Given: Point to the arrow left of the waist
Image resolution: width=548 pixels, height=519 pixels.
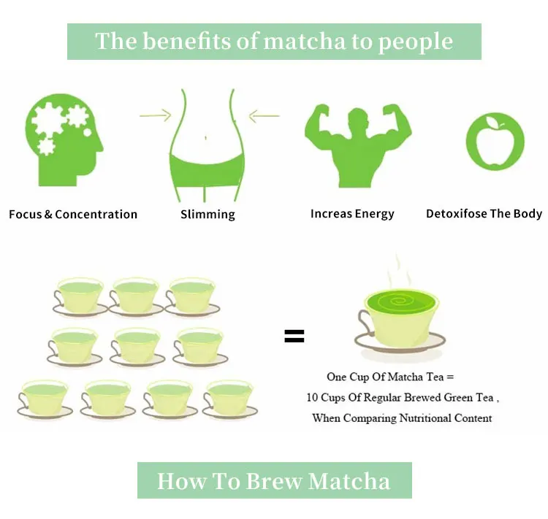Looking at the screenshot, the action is pyautogui.click(x=154, y=115).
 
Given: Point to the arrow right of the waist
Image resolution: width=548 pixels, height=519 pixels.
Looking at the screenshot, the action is pyautogui.click(x=264, y=115).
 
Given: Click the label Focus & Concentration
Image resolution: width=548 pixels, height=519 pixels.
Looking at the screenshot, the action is pyautogui.click(x=73, y=215).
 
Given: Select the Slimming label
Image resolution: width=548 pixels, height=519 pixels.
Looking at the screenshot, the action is pyautogui.click(x=208, y=215).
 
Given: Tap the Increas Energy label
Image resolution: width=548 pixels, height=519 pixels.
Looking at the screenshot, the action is pyautogui.click(x=352, y=214).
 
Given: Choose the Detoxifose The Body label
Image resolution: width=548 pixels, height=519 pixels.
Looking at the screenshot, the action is pyautogui.click(x=484, y=214).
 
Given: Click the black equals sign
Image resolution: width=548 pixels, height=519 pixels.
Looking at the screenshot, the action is pyautogui.click(x=294, y=337).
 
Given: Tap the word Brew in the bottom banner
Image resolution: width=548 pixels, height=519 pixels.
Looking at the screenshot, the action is pyautogui.click(x=274, y=481).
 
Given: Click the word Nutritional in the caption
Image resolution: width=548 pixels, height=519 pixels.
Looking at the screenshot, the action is pyautogui.click(x=425, y=418).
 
